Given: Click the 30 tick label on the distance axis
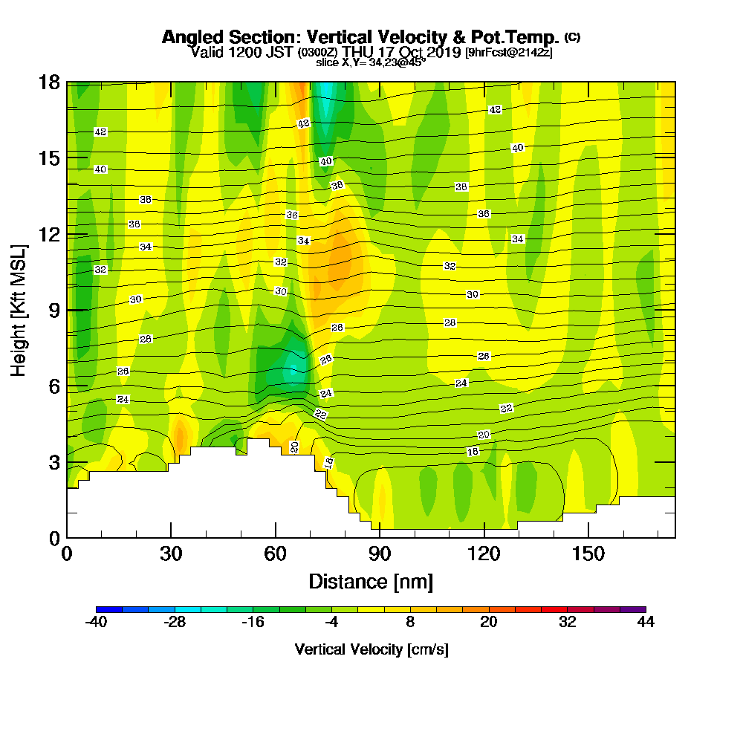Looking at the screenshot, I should pos(171,554).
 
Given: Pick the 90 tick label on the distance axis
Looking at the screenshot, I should pos(380,554).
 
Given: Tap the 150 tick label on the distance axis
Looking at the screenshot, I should pos(588,554).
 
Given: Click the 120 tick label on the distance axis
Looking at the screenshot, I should pos(484,554).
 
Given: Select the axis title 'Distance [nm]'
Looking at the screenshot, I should pos(371,581).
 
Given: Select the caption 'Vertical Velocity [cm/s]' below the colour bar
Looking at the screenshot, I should pos(371,649).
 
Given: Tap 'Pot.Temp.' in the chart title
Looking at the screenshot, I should pos(519,37).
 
